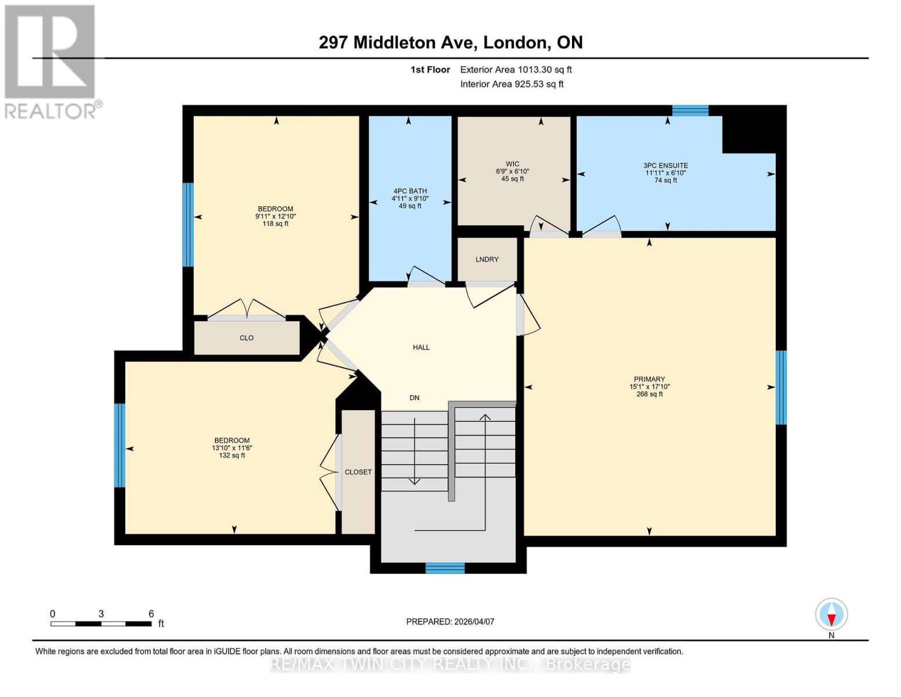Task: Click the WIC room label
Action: [x=512, y=164]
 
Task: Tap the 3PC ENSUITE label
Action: [x=666, y=166]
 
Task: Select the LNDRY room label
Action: [x=487, y=259]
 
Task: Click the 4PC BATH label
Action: [x=410, y=191]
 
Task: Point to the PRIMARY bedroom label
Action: [x=649, y=379]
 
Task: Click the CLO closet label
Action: [x=247, y=337]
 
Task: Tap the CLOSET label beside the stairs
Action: [x=358, y=472]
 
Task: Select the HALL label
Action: [x=421, y=347]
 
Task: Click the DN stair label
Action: [x=414, y=398]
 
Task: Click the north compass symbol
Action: [x=831, y=615]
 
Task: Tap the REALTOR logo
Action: [x=50, y=62]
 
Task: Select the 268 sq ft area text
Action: [x=649, y=394]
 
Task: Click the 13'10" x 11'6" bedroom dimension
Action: [x=232, y=448]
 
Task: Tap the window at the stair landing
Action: [x=445, y=567]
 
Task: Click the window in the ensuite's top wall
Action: [x=690, y=110]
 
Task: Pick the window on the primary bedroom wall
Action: [x=781, y=387]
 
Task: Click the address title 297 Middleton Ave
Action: [x=451, y=42]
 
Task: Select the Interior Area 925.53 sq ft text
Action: [x=512, y=84]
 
